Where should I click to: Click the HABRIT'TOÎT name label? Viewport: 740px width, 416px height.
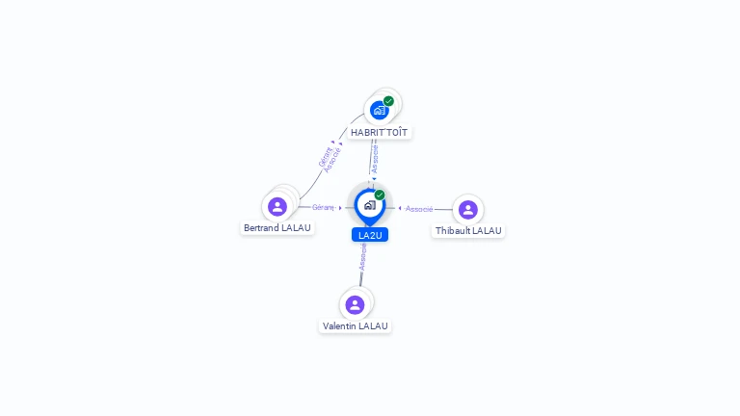[x=379, y=132]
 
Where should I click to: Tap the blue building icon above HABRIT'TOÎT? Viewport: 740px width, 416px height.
[x=380, y=110]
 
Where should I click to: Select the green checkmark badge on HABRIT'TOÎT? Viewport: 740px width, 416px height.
[x=388, y=101]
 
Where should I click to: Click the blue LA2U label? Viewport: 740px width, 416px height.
[x=370, y=235]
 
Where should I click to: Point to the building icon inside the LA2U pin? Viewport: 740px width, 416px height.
[x=369, y=204]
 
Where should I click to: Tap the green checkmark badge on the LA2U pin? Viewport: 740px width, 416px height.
[x=380, y=195]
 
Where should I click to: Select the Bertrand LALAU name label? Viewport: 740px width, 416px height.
[x=277, y=228]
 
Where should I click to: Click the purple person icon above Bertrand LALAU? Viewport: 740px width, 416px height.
[x=277, y=206]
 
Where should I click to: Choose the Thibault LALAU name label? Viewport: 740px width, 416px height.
[x=468, y=231]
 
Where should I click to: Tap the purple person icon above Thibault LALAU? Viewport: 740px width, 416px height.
[x=467, y=210]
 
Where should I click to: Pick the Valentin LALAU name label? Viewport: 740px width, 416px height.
[x=356, y=326]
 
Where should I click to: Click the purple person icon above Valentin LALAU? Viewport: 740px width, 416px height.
[x=355, y=304]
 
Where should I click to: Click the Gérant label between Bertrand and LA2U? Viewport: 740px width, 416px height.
[x=323, y=207]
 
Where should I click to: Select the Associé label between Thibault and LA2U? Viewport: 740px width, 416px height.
[x=419, y=208]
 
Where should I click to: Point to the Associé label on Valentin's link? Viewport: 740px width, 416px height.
[x=363, y=256]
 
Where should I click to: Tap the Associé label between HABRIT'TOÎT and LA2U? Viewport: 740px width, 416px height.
[x=375, y=159]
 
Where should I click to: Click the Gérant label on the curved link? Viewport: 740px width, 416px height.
[x=326, y=156]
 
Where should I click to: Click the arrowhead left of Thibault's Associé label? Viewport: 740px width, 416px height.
[x=400, y=208]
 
